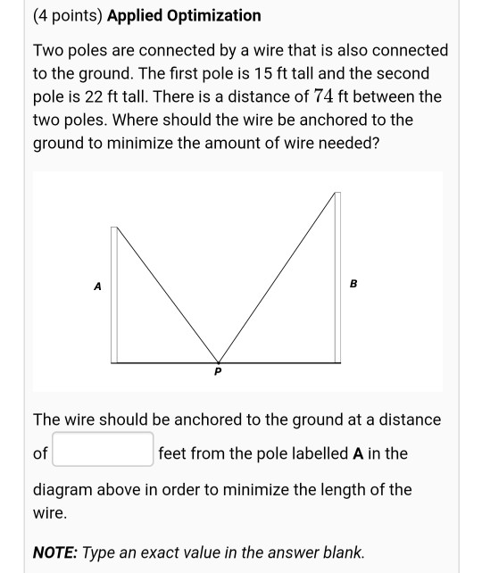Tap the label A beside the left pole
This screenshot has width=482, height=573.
tap(97, 286)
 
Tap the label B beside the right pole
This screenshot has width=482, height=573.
tap(353, 284)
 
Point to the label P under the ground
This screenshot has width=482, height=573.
tap(216, 370)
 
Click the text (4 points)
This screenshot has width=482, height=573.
tap(67, 15)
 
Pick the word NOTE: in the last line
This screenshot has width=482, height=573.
tap(55, 552)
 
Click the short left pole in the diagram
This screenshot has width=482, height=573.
tap(114, 295)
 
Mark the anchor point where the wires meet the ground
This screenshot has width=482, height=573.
tap(216, 361)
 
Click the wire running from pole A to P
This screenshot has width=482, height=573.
tap(165, 294)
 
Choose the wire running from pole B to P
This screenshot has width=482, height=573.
tap(277, 277)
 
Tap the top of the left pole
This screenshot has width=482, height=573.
tap(114, 229)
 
